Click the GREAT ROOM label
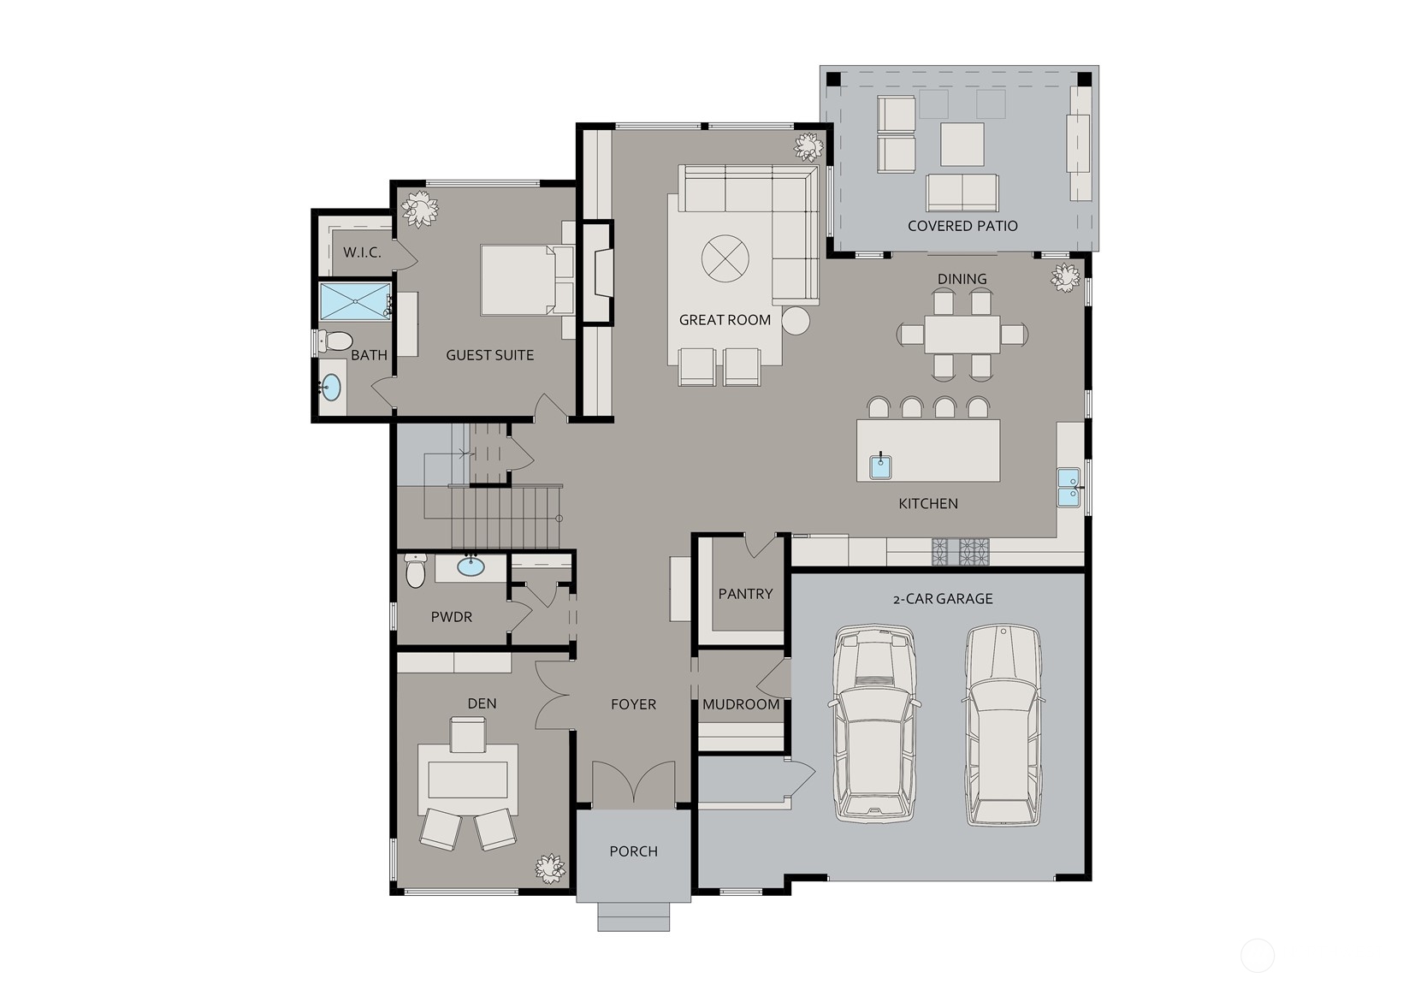tap(725, 320)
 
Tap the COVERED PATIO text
tap(962, 226)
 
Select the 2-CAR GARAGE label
tap(943, 598)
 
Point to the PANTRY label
tap(745, 593)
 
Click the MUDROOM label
tap(741, 704)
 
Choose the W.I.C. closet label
tap(362, 252)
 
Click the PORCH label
tap(633, 851)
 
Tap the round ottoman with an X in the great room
tap(725, 258)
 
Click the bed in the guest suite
tap(527, 280)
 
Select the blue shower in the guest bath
tap(355, 300)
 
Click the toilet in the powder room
tap(415, 570)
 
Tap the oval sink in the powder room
tap(471, 566)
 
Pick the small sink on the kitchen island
tap(880, 467)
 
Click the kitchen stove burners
tap(961, 551)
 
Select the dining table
tap(962, 335)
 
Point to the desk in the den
tap(468, 780)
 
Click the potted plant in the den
tap(550, 869)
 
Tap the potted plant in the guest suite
tap(419, 208)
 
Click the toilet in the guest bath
tap(334, 341)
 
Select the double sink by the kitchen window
tap(1069, 488)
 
